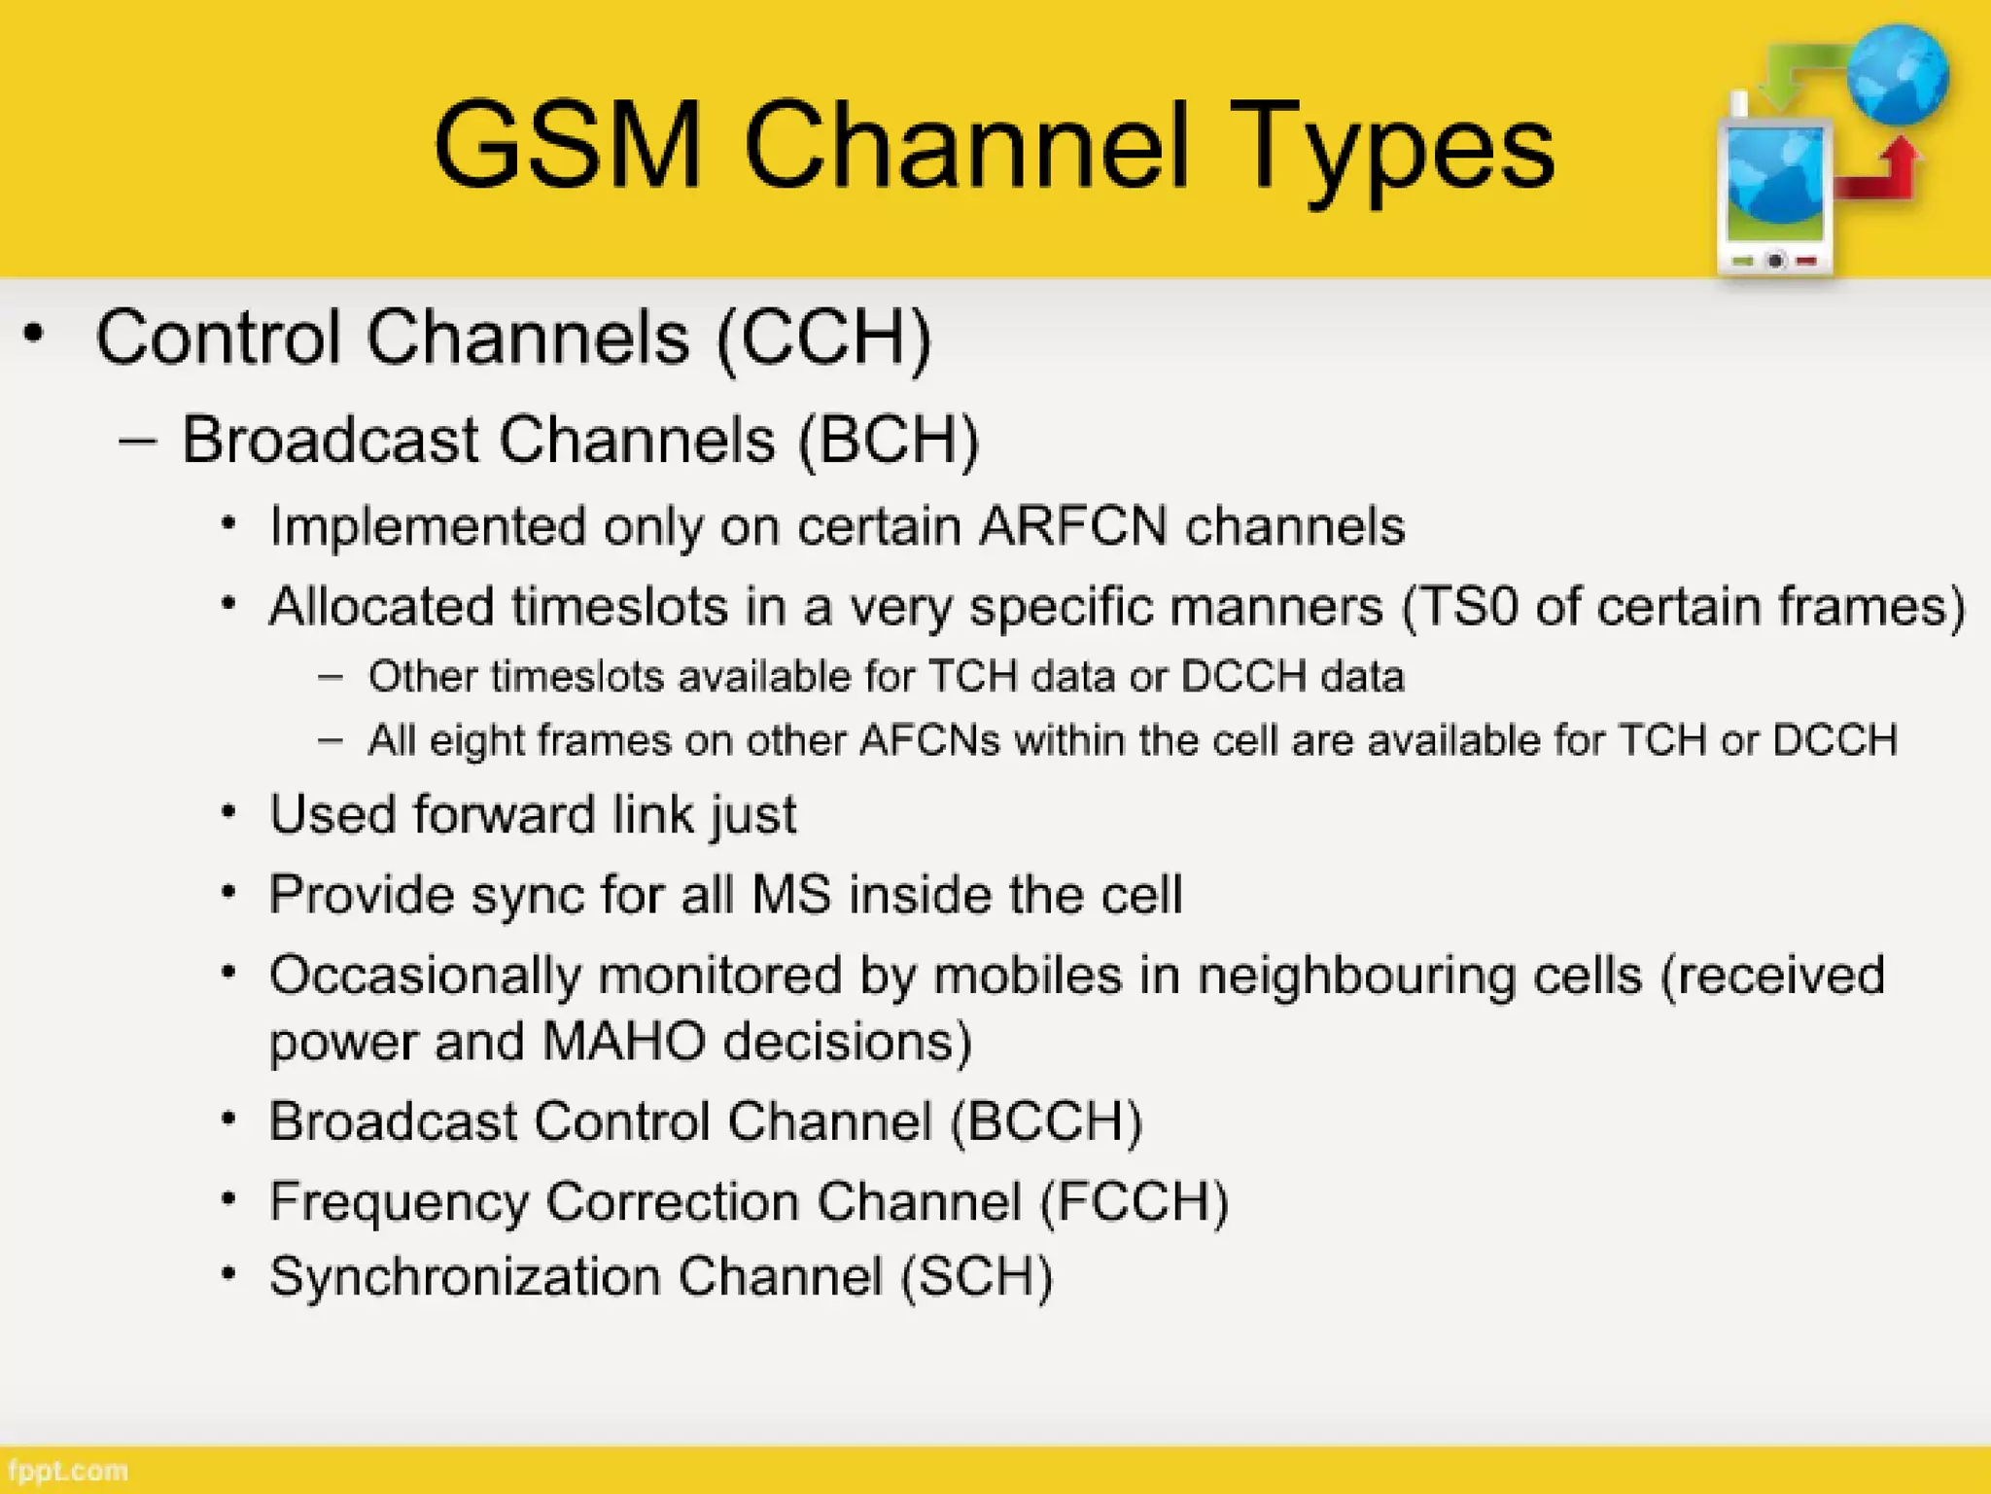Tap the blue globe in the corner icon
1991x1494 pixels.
(1897, 74)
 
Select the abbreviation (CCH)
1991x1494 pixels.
(824, 338)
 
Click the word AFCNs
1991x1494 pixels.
(929, 740)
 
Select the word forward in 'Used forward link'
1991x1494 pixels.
(504, 814)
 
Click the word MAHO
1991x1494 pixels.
(623, 1041)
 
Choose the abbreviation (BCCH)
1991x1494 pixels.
(1046, 1120)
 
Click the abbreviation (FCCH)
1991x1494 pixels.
(1134, 1201)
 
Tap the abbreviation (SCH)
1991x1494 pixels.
(976, 1276)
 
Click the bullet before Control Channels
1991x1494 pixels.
(34, 334)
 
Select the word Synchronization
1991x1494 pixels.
(465, 1276)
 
